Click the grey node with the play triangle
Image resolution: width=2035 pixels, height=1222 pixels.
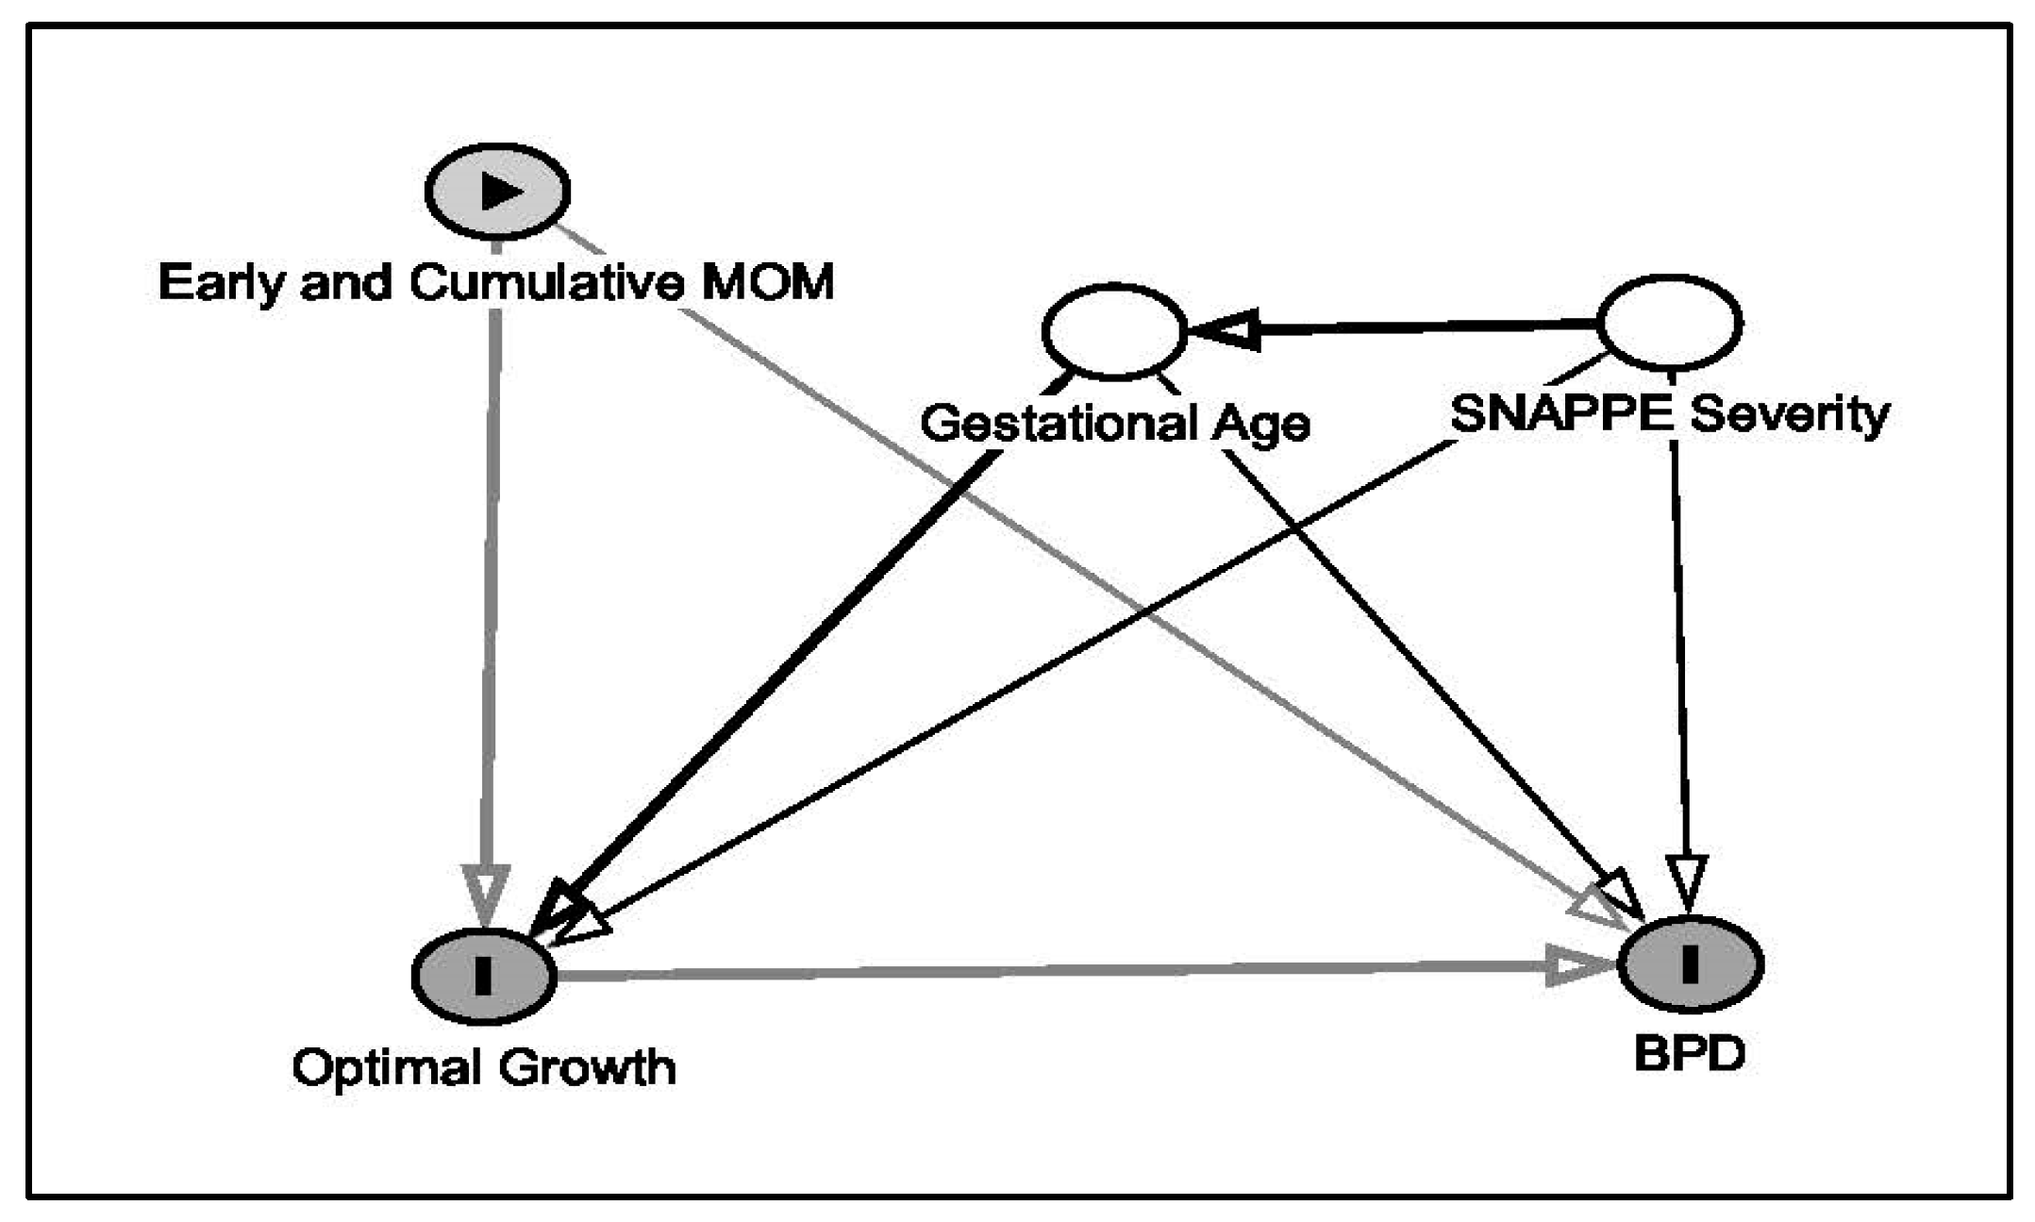coord(497,192)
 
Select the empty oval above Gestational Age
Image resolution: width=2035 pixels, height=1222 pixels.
coord(1114,331)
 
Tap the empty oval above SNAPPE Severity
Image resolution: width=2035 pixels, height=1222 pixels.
coord(1670,323)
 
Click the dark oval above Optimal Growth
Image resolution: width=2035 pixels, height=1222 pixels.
coord(484,975)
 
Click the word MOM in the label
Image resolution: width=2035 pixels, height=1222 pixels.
coord(767,282)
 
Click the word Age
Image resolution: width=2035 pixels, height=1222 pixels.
coord(1260,425)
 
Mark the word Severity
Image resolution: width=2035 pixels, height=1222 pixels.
coord(1790,414)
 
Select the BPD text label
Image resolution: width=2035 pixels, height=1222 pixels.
coord(1689,1052)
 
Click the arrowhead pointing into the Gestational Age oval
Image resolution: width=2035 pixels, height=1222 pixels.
coord(1223,330)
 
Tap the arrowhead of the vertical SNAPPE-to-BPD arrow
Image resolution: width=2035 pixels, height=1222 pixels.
coord(1687,882)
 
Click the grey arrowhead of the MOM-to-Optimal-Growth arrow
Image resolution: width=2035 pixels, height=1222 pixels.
coord(486,892)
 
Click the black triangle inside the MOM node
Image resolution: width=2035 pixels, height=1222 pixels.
coord(501,192)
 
